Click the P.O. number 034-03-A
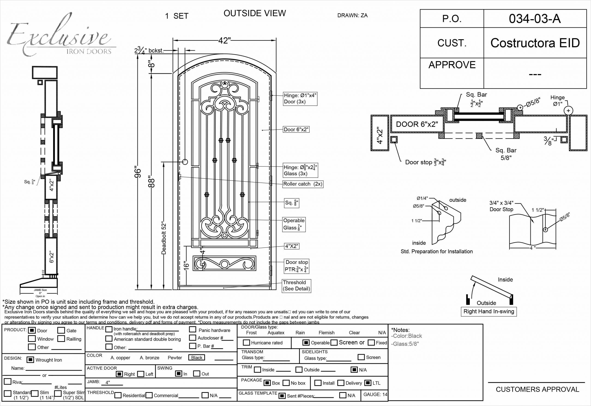tap(535, 19)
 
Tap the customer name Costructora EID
tap(535, 43)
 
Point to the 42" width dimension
tap(224, 40)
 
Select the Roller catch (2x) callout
tap(303, 184)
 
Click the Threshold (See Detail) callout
tap(296, 285)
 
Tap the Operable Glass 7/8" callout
tap(294, 224)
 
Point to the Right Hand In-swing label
tap(489, 311)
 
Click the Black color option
tap(196, 357)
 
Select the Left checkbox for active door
tap(141, 374)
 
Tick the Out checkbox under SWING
tap(196, 373)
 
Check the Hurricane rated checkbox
tap(246, 342)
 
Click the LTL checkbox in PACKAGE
tap(368, 383)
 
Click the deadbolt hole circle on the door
tap(185, 161)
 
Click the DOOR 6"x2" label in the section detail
tap(417, 124)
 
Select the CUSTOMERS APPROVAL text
tap(537, 389)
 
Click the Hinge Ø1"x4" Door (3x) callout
tap(300, 99)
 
